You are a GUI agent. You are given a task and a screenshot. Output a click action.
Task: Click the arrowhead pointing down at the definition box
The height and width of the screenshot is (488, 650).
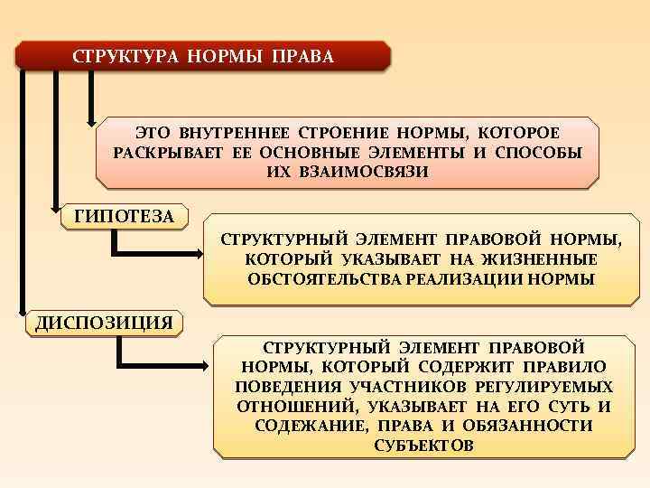click(90, 118)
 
